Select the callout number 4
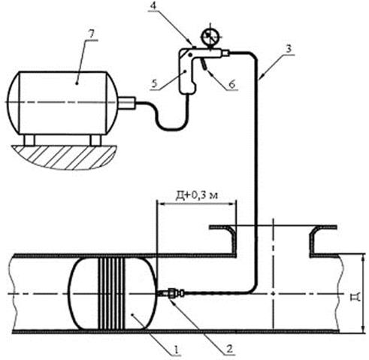coord(153,5)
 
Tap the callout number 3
coord(289,49)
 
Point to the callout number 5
coord(155,83)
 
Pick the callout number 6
coord(232,84)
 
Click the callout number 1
coord(177,349)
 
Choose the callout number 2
coord(229,349)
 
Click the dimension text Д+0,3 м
coord(196,195)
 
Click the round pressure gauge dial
coord(211,37)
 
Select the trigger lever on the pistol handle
coord(204,63)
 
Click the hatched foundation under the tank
coord(63,157)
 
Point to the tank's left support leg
coord(29,140)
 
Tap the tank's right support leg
coord(95,140)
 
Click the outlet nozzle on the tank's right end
coord(126,103)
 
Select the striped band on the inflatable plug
coord(111,294)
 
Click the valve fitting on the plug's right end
coord(171,292)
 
